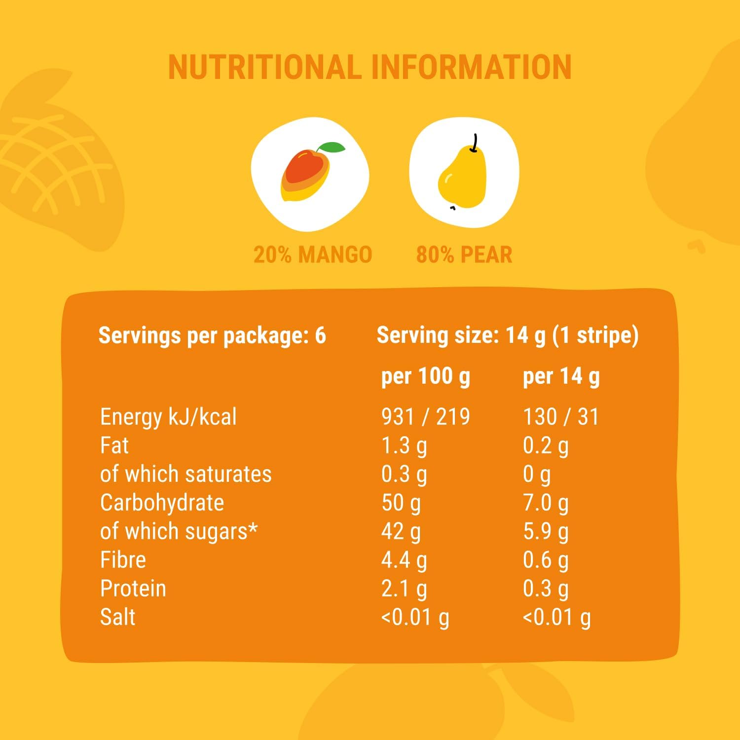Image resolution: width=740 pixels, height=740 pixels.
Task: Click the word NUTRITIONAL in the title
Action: coord(265,67)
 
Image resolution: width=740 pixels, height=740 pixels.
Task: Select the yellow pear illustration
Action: coord(462,175)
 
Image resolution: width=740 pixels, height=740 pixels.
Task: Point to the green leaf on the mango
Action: coord(332,148)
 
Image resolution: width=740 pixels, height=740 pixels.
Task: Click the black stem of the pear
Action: coord(475,143)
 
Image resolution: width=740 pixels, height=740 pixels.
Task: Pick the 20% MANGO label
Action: coord(312,255)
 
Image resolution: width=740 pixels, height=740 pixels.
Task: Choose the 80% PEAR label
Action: coord(464,255)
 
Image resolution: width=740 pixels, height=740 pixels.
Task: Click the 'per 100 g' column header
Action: coord(426,376)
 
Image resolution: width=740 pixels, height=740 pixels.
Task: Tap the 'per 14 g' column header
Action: coord(561,376)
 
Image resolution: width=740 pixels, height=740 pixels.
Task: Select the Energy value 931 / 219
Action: coord(425,417)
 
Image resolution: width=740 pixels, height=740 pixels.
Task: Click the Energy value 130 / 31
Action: coord(560,417)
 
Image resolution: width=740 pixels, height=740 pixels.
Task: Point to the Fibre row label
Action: coord(123,560)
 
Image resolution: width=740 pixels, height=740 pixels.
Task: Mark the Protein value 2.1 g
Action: coord(404,589)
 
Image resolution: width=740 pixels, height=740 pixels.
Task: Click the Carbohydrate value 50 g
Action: coord(401,503)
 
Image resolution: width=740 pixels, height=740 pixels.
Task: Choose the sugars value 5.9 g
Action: coord(546,531)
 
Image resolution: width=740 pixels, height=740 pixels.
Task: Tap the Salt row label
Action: coord(117,617)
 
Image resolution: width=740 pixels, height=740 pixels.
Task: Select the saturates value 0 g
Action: coord(536,474)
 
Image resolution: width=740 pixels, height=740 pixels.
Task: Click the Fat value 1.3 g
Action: coord(404,445)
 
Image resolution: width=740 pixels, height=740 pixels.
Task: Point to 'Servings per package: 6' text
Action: coord(212,335)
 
